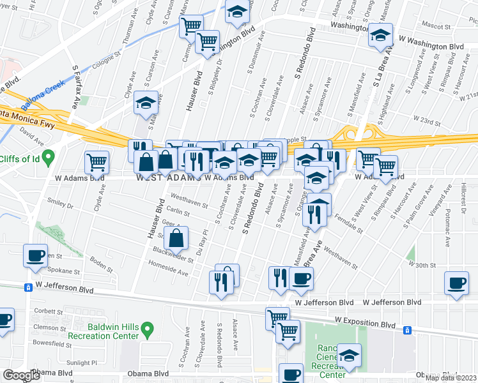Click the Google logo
tap(21, 375)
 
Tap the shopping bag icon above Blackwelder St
tap(176, 238)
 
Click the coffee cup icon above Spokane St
tap(35, 255)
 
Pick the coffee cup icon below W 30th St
tap(456, 283)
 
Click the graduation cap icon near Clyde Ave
tap(146, 102)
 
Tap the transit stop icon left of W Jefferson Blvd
tap(29, 288)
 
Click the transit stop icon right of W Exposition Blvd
tap(406, 331)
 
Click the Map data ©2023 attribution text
tap(450, 377)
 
